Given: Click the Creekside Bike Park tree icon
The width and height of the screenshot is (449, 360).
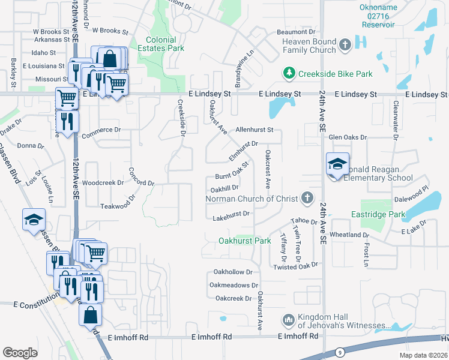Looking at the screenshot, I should click(x=289, y=74).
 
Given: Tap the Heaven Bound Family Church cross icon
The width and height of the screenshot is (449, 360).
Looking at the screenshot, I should click(x=345, y=44).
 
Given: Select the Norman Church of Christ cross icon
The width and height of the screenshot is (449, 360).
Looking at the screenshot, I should click(x=307, y=198).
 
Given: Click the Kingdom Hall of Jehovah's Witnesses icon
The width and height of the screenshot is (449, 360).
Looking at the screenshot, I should click(x=288, y=320).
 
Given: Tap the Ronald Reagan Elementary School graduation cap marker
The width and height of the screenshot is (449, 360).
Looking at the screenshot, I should click(x=337, y=164).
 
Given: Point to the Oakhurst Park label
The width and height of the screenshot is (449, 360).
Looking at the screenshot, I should click(x=245, y=241).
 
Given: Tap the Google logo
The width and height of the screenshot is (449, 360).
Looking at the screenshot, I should click(x=20, y=352).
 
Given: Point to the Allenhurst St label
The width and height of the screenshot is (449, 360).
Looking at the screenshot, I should click(x=255, y=130).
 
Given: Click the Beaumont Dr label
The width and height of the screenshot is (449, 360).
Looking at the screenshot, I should click(x=296, y=31).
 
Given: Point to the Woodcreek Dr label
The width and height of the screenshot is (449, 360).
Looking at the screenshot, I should click(x=103, y=182).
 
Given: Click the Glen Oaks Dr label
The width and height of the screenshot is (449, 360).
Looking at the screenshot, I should click(x=348, y=137).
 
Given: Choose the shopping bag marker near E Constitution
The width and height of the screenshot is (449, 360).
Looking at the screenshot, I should click(x=89, y=315).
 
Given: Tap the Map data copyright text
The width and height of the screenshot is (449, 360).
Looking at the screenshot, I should click(x=423, y=355).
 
